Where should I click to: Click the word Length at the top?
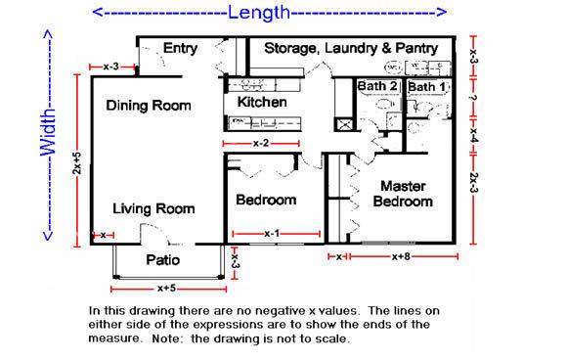(259, 13)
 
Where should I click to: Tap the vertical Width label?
(48, 133)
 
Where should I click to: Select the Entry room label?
(180, 49)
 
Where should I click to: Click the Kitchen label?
(262, 102)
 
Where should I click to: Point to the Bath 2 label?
(377, 86)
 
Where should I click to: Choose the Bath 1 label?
(427, 87)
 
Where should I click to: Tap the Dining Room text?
(149, 106)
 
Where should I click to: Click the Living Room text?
(153, 208)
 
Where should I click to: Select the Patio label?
(162, 260)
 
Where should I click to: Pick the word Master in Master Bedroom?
(403, 186)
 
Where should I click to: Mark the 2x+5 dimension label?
(77, 162)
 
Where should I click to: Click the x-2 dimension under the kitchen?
(261, 143)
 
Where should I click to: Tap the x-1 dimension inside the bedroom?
(272, 234)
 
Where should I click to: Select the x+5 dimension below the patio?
(167, 289)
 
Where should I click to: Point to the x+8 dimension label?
(401, 256)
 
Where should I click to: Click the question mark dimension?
(474, 98)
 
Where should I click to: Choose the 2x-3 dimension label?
(474, 183)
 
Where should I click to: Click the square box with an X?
(345, 124)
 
